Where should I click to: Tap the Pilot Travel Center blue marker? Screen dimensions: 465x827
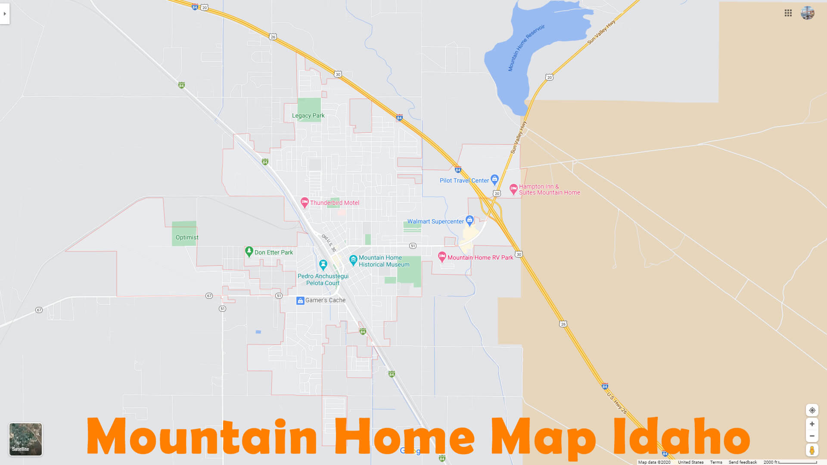click(x=494, y=179)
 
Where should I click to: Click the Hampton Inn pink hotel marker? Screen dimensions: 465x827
click(x=513, y=189)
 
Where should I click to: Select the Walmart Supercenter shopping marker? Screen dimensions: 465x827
click(x=469, y=220)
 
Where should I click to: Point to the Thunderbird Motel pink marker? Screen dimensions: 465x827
click(x=305, y=202)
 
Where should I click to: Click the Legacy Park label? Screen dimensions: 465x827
click(x=308, y=115)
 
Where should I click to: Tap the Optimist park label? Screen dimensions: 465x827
click(x=187, y=237)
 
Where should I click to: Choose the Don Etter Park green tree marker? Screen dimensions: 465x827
click(x=249, y=251)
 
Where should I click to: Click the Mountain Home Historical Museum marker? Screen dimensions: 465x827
click(x=353, y=260)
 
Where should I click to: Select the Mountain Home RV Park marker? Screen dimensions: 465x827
click(x=442, y=257)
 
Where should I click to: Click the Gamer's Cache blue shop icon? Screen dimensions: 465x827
click(x=300, y=301)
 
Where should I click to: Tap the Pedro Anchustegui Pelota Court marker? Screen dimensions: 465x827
click(x=323, y=264)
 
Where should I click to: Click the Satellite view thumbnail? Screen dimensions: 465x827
click(x=26, y=439)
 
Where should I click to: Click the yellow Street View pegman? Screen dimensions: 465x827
click(x=812, y=450)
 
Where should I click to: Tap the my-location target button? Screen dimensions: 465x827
click(x=812, y=410)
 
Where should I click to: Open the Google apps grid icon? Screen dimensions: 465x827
click(x=788, y=13)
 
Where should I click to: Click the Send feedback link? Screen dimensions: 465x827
click(x=743, y=462)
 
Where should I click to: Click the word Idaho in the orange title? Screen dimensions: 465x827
click(x=681, y=437)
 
